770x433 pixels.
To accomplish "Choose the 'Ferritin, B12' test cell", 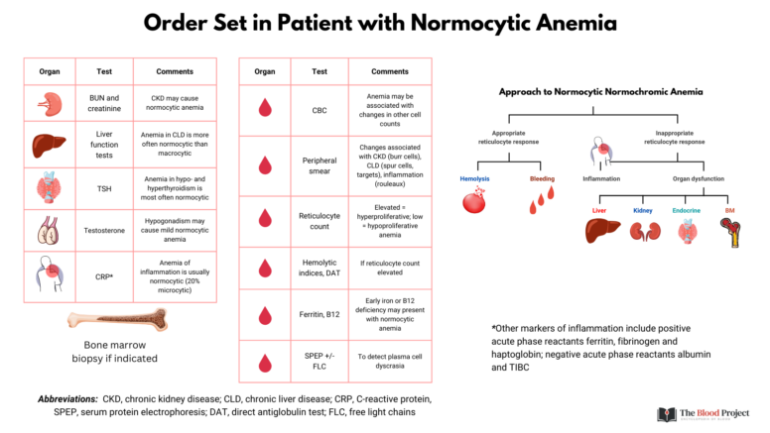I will pos(320,316).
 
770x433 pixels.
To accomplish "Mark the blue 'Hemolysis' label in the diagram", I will pos(475,178).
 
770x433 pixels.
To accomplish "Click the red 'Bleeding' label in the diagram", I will pos(542,178).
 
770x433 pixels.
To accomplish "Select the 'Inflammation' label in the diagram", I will pos(601,178).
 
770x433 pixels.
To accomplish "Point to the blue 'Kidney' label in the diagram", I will pos(643,210).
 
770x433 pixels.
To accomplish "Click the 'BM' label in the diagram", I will pos(730,210).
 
